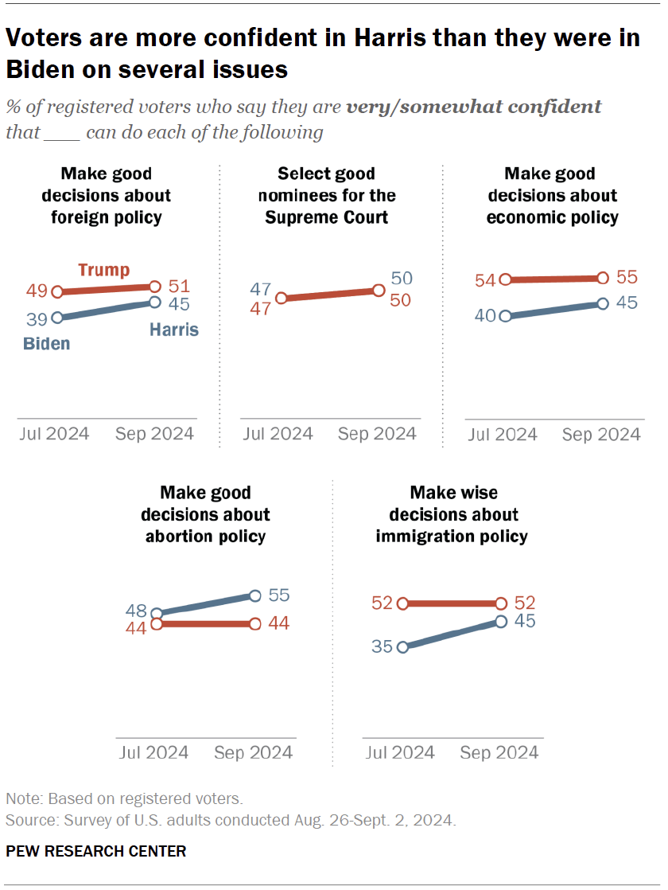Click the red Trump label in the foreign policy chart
(x=103, y=270)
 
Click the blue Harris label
(x=173, y=329)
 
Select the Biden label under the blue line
(x=46, y=344)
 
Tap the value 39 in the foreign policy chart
(x=37, y=318)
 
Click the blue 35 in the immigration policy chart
(x=382, y=646)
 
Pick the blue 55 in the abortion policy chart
(x=278, y=595)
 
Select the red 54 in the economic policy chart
(x=486, y=280)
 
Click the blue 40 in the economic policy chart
(x=486, y=316)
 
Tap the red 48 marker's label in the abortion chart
(x=136, y=611)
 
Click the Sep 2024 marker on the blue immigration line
(x=501, y=621)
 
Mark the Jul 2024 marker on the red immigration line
(x=402, y=603)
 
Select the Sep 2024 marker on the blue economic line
(x=603, y=303)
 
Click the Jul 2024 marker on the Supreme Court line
(x=281, y=299)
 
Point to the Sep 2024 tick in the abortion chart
(x=254, y=752)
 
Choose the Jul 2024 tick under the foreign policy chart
(x=53, y=434)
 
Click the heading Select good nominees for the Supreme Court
(x=326, y=195)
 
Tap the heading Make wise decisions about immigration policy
(x=452, y=514)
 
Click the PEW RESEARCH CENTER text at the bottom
(x=96, y=851)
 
